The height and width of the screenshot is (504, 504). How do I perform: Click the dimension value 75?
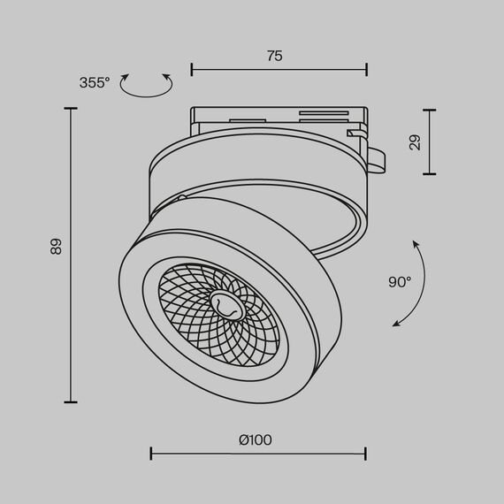coord(274,56)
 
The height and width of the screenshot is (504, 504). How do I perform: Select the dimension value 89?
coord(57,248)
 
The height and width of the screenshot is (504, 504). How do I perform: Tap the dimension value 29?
coord(415,142)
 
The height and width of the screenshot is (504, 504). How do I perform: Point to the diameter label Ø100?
coord(256,439)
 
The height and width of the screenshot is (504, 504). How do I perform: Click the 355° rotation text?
coord(95,82)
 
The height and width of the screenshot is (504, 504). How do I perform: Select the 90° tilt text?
coord(400,282)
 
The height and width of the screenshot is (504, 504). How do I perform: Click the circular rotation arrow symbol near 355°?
coord(146,85)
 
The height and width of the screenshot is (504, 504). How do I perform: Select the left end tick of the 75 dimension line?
coord(192,69)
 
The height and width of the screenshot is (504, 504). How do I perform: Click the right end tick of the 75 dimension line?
coord(367,69)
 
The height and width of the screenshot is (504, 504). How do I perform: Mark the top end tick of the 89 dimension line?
coord(71,109)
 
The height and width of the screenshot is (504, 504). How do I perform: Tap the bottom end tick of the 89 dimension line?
coord(71,402)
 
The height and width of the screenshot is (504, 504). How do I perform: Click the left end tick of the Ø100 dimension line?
coord(151,454)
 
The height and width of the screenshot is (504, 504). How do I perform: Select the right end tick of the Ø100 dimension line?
coord(366,454)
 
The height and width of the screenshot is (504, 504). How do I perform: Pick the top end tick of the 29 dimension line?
coord(430,111)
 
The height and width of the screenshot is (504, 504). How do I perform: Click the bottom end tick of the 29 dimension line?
coord(430,174)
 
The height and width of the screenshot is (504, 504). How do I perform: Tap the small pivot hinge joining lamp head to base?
coord(181,198)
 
